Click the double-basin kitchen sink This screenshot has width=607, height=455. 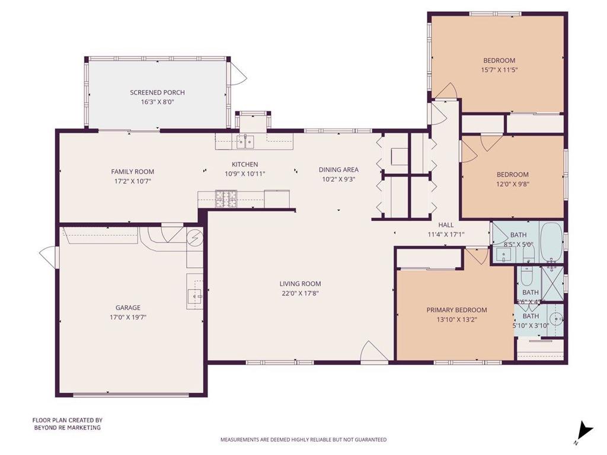pos(245,142)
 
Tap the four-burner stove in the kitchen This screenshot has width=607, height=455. pos(226,198)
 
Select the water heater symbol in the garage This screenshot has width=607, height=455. pos(195,239)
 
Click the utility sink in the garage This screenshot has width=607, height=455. pos(195,295)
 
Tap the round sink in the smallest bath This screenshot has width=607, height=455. pos(555,320)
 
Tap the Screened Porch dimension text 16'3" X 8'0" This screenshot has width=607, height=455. pos(157,102)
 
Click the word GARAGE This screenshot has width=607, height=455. pos(128,307)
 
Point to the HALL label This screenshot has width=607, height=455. pos(446,225)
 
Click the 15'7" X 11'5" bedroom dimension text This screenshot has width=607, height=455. pos(499,70)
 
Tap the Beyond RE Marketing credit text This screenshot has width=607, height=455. pos(66,424)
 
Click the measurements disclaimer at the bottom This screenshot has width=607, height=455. pos(303,440)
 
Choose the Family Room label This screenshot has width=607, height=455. pos(132,172)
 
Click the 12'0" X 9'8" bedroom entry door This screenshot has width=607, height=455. pos(468,152)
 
